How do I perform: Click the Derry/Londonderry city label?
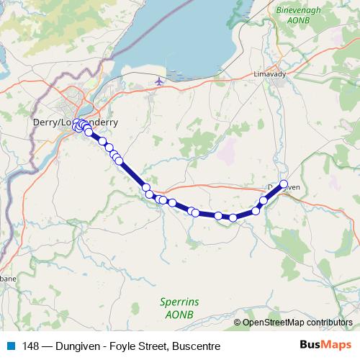point(76,122)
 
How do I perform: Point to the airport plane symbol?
point(158,84)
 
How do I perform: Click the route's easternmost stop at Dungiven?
point(284,184)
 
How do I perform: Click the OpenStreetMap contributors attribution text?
point(297,323)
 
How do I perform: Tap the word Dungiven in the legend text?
point(75,346)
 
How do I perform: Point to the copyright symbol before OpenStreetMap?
point(238,323)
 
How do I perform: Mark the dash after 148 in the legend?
point(44,346)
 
